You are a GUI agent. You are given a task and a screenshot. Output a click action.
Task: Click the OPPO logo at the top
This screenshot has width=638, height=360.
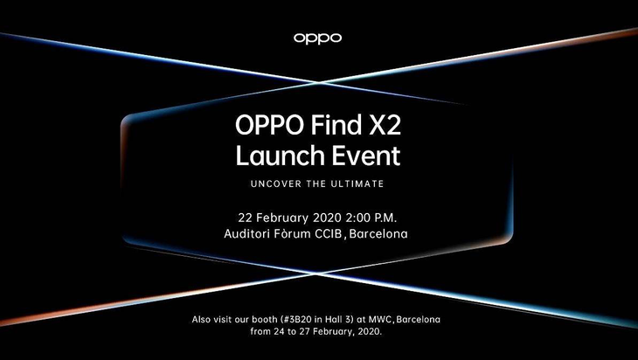point(317,38)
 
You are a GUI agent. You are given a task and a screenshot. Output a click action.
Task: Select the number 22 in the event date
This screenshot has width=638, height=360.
point(246,218)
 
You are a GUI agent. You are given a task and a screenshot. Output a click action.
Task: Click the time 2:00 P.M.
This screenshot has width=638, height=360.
point(371,218)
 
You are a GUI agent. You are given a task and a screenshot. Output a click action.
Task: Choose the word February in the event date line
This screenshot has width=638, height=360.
point(282,218)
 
